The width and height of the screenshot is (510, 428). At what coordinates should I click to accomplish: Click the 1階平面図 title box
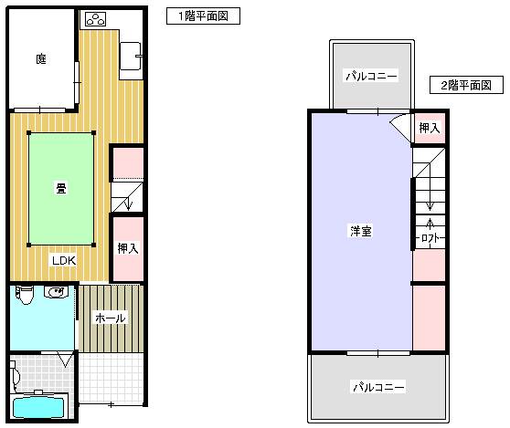[203, 16]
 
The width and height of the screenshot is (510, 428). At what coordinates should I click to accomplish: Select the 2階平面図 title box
[466, 85]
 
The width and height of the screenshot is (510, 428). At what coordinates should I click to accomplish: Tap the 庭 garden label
[41, 59]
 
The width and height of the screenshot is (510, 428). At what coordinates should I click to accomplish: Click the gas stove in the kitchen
[96, 19]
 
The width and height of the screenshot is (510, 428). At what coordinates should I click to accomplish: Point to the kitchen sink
[131, 56]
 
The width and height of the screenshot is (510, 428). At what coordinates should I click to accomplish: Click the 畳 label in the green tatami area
[61, 188]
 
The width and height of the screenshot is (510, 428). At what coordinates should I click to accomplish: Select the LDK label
[64, 260]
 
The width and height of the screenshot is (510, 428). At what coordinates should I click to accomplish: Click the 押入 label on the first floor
[128, 248]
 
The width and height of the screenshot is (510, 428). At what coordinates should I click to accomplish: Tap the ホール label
[111, 318]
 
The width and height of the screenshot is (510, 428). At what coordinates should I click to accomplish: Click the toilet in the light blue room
[25, 295]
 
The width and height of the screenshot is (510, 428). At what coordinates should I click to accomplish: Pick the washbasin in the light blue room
[56, 292]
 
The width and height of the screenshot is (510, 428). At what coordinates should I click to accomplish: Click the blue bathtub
[38, 407]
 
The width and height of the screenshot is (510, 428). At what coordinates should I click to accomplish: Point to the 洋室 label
[361, 231]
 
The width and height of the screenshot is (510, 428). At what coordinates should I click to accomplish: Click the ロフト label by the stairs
[430, 238]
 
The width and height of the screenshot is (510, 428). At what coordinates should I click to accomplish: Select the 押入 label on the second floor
[430, 128]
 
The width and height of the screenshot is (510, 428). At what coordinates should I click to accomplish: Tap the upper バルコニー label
[371, 77]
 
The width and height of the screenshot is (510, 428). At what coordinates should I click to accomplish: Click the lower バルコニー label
[378, 387]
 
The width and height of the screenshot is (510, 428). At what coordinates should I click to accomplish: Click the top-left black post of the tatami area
[29, 133]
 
